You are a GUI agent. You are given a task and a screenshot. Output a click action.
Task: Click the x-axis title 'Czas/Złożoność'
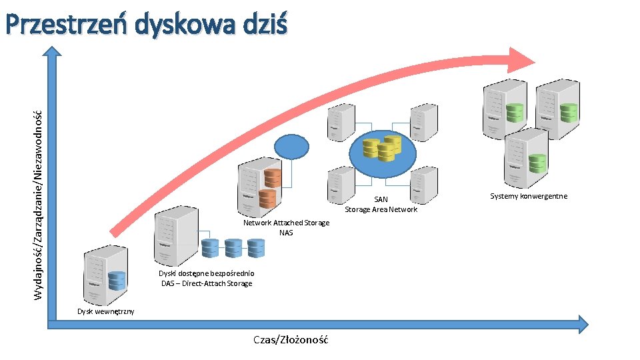point(291,339)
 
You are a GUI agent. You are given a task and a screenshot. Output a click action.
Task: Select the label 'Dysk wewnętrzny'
point(105,311)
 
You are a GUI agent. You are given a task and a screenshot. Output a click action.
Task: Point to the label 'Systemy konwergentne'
point(529,196)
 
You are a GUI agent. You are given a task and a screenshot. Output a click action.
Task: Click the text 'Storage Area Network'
point(381,209)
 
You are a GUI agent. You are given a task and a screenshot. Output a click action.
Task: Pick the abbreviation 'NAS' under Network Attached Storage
point(286,233)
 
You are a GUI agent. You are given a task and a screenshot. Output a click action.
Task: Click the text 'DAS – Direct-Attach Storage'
point(207,283)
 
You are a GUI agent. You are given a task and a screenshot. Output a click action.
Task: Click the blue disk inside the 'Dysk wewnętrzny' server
point(117,281)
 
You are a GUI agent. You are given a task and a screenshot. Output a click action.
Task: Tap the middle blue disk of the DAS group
point(233,248)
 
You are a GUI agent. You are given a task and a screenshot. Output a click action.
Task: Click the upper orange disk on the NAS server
point(272,177)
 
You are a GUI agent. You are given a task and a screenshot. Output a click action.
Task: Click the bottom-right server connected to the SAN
point(423,185)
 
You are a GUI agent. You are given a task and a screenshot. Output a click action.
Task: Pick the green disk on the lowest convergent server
point(537,163)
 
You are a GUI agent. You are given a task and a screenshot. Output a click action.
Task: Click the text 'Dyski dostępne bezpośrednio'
point(207,273)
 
